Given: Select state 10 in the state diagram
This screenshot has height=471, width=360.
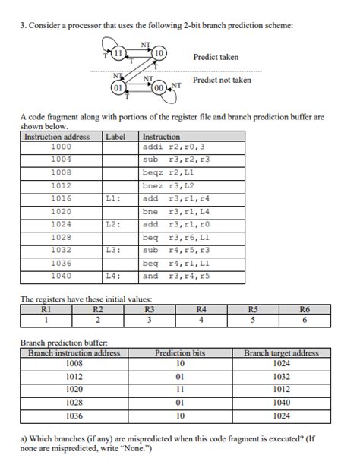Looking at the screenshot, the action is coord(159,52).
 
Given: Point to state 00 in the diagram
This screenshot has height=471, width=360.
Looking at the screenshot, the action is coord(159,87).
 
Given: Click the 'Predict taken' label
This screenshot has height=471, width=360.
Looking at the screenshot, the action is coord(216,57).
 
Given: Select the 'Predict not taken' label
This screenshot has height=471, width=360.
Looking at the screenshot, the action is coord(222,80).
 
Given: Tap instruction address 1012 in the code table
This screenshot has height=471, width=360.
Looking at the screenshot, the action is coord(61,185).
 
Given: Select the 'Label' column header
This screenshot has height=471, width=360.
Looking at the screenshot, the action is coord(115,137).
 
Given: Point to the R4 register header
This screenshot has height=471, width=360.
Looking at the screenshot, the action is coord(201,309).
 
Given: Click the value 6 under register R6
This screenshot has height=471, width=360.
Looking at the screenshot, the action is coord(304,320).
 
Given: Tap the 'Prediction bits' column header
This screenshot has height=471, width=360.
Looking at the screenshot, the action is coord(180,353).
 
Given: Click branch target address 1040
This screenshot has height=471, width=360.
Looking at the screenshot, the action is coord(281,403).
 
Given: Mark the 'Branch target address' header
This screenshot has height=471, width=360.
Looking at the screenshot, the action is coord(281,353).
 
